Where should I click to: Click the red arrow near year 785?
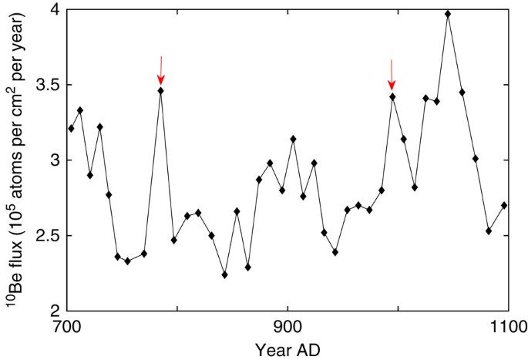160,70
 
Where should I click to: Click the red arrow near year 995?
392,75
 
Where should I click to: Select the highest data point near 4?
448,14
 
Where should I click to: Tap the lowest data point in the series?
224,274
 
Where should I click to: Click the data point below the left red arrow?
160,91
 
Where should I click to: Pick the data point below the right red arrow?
392,96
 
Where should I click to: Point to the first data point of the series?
71,128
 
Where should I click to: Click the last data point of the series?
504,205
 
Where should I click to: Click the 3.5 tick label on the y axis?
49,85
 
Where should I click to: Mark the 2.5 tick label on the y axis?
49,236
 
